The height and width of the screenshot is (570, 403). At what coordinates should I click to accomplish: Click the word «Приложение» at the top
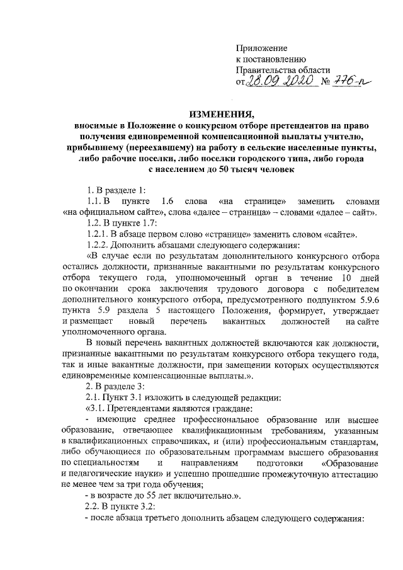point(261,48)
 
